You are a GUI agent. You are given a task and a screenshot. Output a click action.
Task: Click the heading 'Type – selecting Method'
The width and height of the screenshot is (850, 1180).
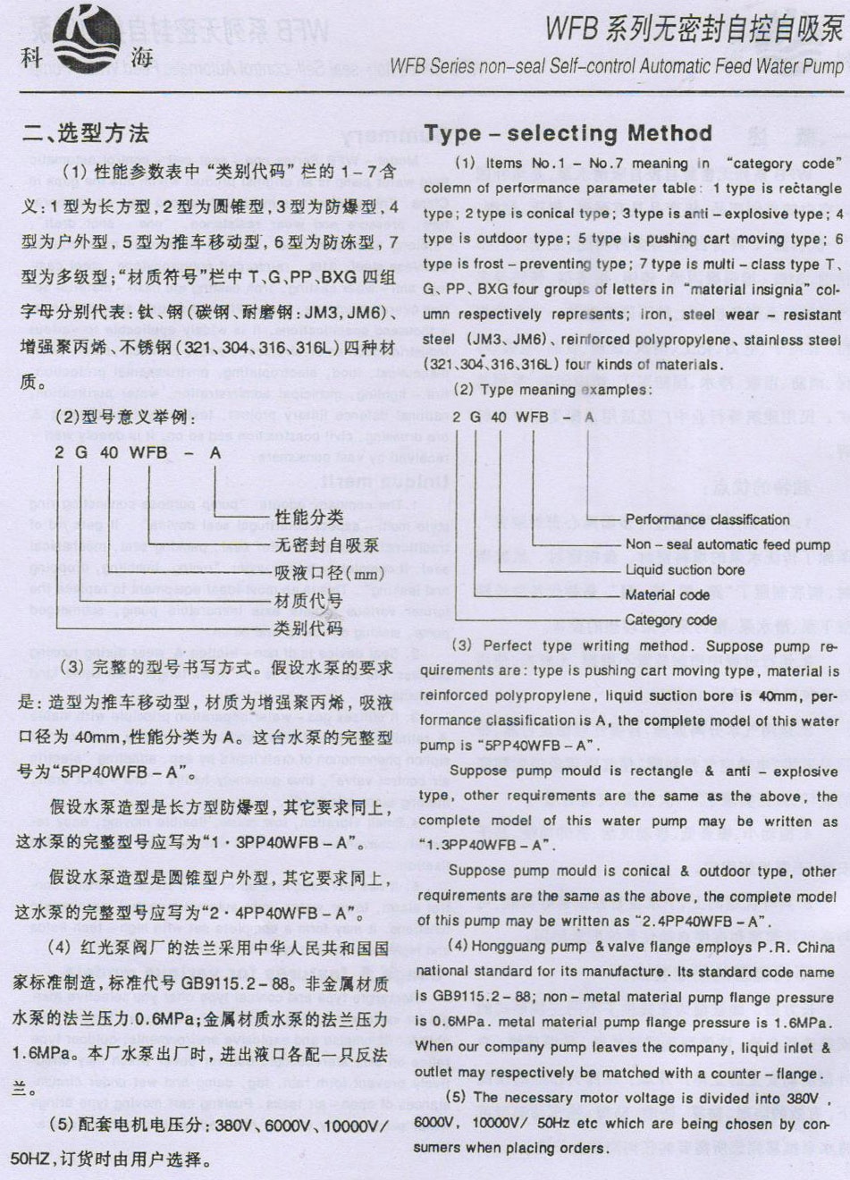(568, 134)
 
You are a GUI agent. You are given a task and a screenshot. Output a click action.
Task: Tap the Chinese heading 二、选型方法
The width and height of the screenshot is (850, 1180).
(86, 134)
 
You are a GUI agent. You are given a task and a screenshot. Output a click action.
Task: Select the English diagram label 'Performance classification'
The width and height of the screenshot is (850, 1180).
(707, 519)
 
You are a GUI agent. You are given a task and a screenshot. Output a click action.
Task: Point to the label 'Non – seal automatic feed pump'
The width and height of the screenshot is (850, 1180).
(728, 544)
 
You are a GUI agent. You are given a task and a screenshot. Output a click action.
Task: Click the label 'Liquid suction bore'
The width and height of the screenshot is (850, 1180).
(685, 569)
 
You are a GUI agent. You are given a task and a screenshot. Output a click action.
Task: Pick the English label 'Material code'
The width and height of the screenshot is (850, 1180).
(667, 594)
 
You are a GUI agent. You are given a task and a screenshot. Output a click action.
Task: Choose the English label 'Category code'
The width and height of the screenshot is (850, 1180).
(670, 619)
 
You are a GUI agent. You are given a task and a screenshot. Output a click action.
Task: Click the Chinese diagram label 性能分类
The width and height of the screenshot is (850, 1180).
(309, 517)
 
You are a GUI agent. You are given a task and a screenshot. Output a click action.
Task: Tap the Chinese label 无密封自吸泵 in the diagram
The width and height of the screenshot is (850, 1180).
(327, 544)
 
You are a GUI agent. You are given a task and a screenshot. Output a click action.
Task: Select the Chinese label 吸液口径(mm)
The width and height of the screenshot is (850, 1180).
(329, 572)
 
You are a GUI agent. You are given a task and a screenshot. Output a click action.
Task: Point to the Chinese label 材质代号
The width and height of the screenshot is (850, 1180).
(309, 600)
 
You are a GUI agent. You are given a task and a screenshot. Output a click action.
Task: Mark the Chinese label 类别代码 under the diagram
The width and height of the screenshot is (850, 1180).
(309, 628)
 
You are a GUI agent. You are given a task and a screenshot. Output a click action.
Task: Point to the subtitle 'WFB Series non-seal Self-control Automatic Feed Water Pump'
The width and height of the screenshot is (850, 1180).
(616, 66)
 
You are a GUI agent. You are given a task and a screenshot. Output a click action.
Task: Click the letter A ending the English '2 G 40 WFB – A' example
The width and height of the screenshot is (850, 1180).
(588, 417)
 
